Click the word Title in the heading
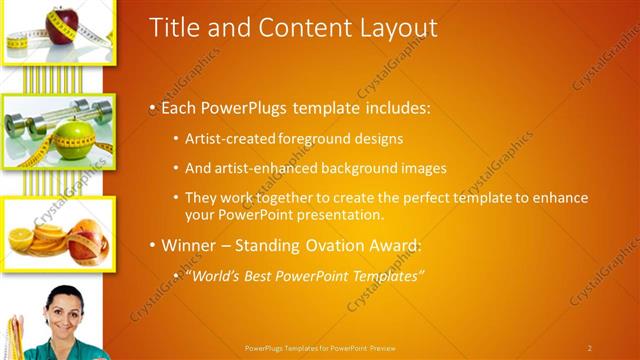point(171,27)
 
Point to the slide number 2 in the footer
point(590,348)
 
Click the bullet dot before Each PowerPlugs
point(152,108)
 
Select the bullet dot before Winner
point(152,245)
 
